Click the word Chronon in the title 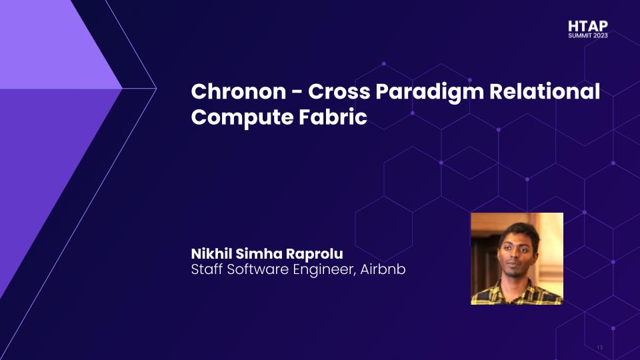(x=239, y=91)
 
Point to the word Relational (x=545, y=91)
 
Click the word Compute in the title (x=241, y=118)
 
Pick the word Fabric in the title (x=333, y=116)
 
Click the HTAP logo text (x=588, y=26)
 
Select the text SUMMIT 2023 (x=588, y=35)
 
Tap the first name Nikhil (x=211, y=253)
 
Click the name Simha (x=259, y=253)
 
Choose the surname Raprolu (x=314, y=254)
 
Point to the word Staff (x=207, y=269)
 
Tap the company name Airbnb (x=383, y=269)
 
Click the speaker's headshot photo (x=517, y=259)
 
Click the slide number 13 (x=599, y=347)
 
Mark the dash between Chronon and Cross (x=297, y=92)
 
